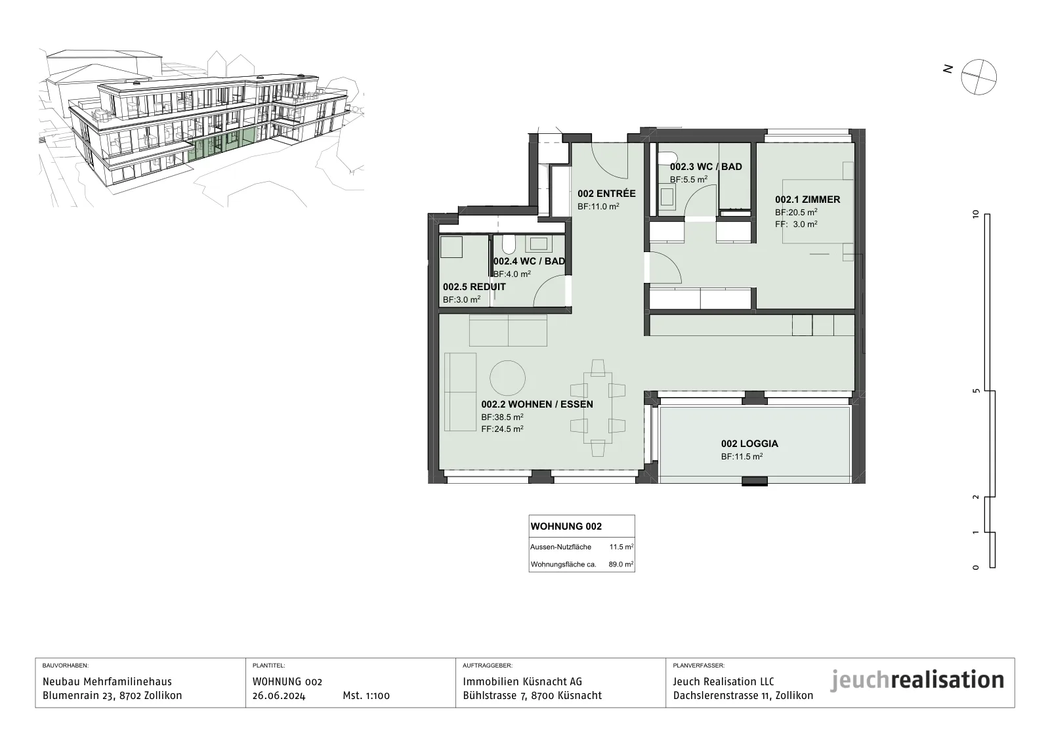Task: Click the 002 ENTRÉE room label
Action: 606,194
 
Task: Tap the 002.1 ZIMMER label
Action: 808,200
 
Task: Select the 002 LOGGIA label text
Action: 749,444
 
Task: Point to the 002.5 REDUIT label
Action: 474,287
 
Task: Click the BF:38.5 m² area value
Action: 503,417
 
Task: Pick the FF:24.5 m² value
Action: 503,429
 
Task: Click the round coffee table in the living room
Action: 508,378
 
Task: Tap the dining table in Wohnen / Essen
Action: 598,408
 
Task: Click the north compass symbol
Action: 978,77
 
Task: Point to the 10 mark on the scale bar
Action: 976,214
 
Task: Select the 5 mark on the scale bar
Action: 976,391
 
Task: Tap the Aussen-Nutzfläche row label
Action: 560,547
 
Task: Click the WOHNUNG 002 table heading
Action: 566,526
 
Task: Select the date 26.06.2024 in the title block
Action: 279,696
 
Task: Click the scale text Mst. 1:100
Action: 366,696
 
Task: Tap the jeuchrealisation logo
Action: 917,681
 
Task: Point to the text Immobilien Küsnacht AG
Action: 522,682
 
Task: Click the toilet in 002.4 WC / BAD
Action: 509,244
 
